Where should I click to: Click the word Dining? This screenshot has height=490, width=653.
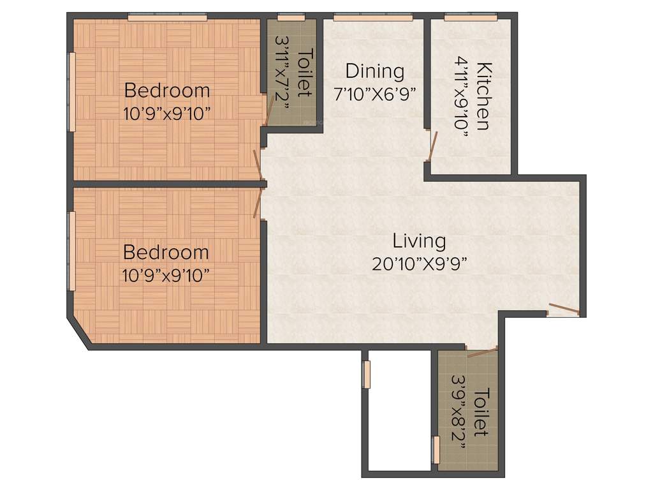375,71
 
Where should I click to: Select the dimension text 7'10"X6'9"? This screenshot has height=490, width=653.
375,94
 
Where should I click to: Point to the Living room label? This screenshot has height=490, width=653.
419,241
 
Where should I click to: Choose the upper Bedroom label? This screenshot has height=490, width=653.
166,89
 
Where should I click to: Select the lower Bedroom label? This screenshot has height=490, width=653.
166,252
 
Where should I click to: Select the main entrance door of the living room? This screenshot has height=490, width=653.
564,311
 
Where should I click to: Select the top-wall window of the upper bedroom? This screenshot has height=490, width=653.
167,18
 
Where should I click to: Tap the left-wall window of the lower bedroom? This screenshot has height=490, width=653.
72,250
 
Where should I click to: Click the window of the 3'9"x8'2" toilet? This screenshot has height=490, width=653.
436,450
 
